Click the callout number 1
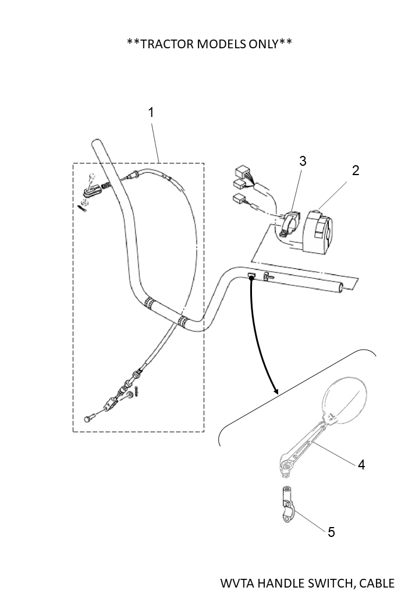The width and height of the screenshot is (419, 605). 151,112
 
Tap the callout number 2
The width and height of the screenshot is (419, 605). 356,170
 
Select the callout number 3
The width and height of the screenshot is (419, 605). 303,161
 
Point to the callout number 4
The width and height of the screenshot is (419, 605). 361,465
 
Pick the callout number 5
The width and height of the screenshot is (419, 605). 331,532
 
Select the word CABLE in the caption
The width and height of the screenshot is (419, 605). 375,583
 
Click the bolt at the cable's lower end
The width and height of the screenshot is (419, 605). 89,418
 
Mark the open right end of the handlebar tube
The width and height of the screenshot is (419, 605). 349,286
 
